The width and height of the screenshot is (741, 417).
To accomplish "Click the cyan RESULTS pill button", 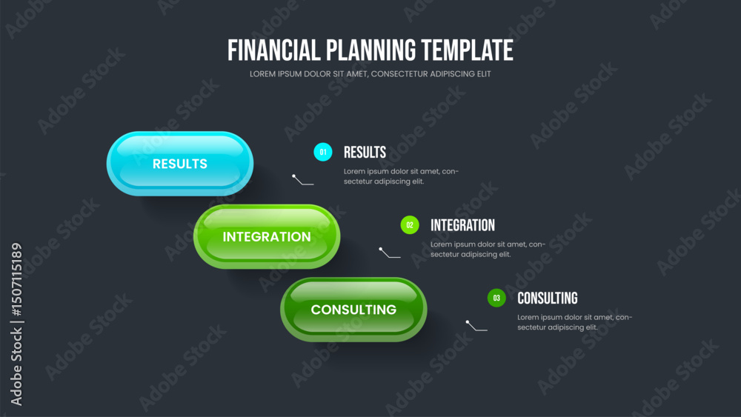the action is [180, 164].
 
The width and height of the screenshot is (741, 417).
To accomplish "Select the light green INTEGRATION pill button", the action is [267, 236].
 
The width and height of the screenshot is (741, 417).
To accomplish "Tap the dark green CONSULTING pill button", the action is [354, 310].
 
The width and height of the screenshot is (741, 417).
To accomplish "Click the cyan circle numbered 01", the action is [323, 152].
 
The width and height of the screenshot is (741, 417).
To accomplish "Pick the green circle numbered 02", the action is [410, 224].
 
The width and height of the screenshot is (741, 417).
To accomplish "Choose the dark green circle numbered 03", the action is [496, 298].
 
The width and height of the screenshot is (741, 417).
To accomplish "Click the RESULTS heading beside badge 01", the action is [365, 152].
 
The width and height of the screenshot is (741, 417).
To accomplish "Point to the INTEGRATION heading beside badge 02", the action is [462, 225].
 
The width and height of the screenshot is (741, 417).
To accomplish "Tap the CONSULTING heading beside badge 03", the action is [548, 298].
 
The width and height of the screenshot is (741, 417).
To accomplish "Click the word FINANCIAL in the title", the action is [274, 50].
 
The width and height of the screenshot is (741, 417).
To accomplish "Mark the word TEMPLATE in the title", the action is [467, 50].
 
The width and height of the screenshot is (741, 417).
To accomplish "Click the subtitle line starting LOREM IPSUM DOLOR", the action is [370, 73].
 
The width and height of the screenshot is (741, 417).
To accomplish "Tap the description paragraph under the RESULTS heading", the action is [401, 176].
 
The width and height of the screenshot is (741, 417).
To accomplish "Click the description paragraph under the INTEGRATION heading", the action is [488, 249].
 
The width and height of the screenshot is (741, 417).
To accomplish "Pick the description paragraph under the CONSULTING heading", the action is [575, 322].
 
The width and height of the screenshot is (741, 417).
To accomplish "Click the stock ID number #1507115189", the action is [16, 279].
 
